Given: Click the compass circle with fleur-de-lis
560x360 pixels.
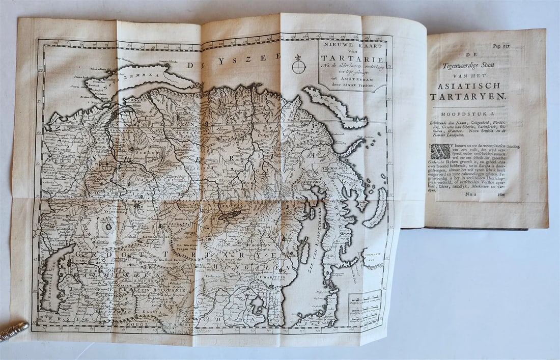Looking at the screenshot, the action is pos(299,66).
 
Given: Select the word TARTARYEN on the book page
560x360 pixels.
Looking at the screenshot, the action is pos(467,96).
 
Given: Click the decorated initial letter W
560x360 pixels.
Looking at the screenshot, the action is pos(440,152).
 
